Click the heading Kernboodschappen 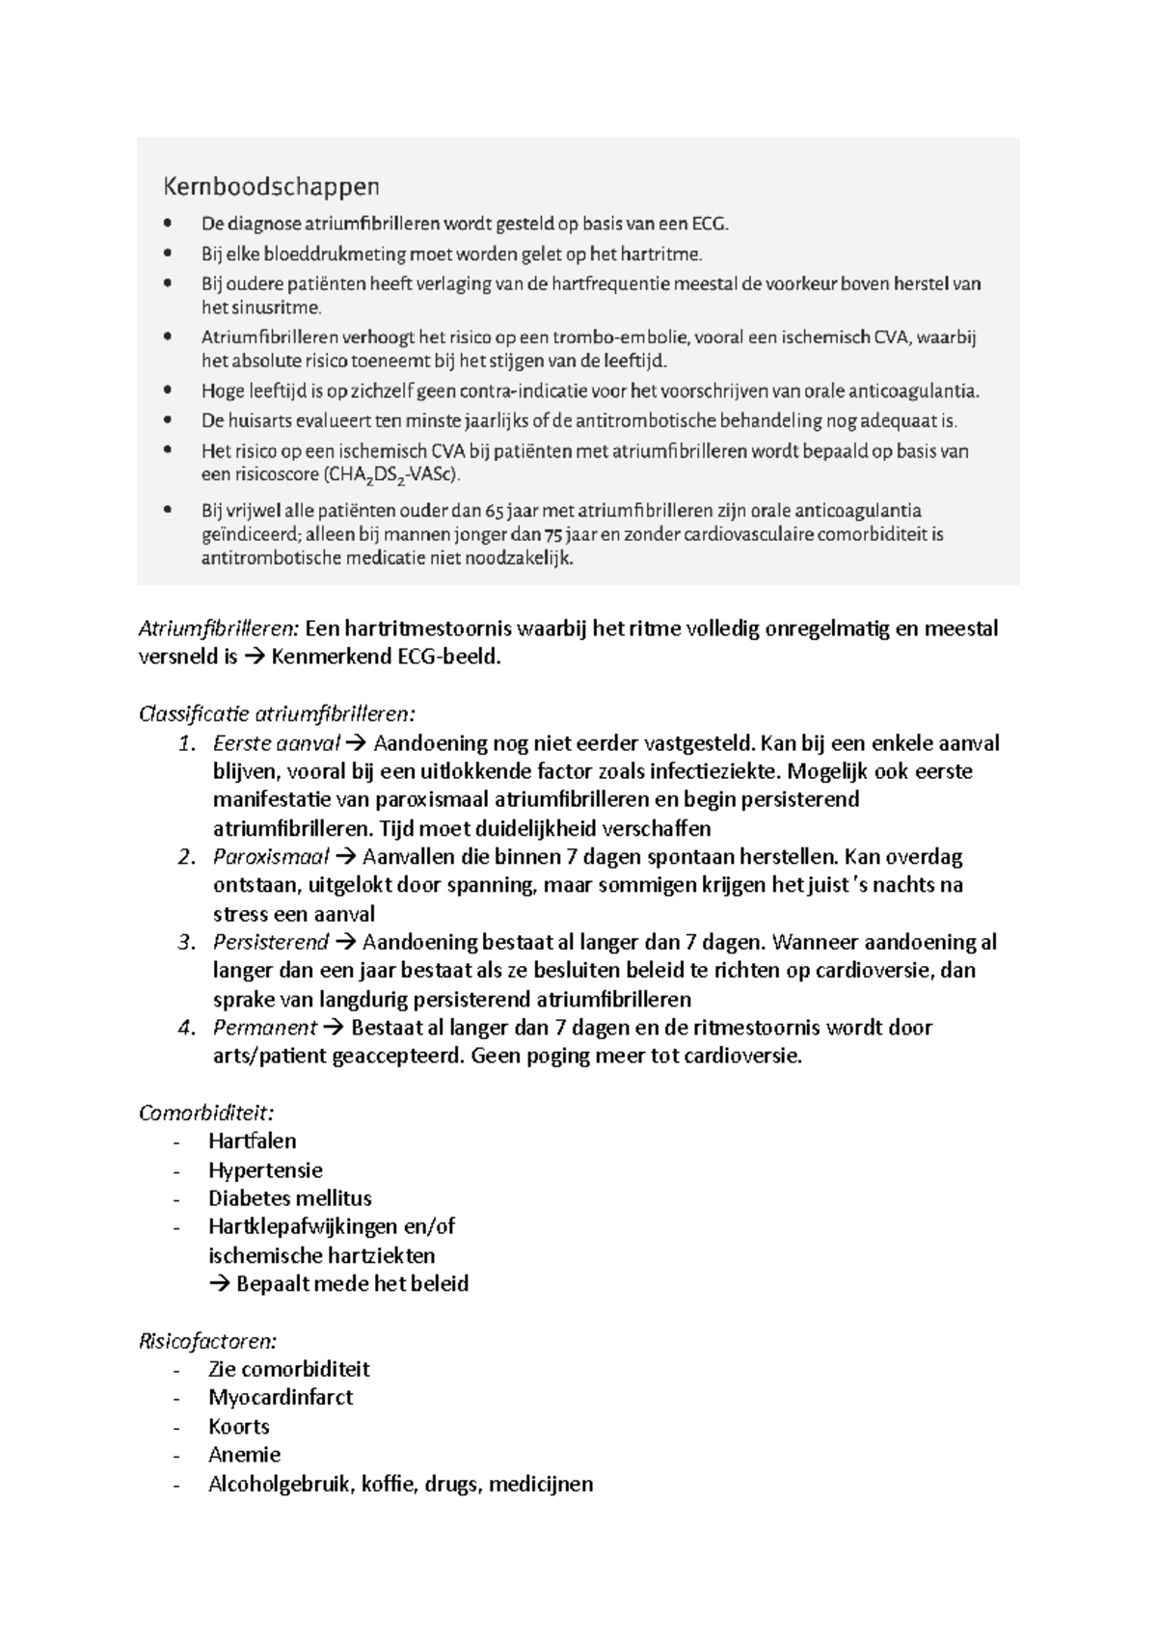pos(270,185)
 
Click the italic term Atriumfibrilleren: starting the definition pos(218,630)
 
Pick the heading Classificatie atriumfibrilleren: pos(278,714)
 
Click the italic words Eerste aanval pos(276,743)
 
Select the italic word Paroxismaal pos(270,857)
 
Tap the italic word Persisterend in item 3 pos(270,942)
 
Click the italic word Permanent pos(264,1028)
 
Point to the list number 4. pos(187,1028)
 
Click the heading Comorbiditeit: pos(200,1113)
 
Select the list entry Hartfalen pos(252,1141)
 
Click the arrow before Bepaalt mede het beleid pos(220,1284)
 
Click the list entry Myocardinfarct pos(281,1398)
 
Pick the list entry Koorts pos(238,1427)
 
